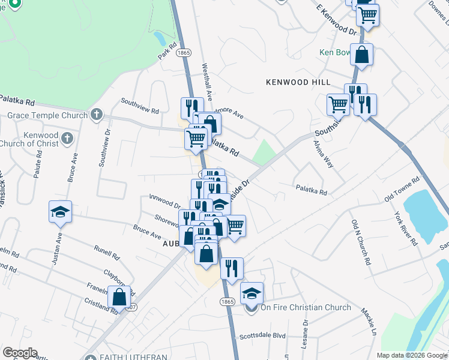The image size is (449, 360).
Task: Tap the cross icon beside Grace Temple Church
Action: [x=97, y=115]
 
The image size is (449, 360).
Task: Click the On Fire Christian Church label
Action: [x=305, y=308]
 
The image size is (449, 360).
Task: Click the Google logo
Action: [x=19, y=353]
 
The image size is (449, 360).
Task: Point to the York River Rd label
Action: [x=406, y=229]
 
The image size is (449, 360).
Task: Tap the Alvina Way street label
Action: [x=323, y=154]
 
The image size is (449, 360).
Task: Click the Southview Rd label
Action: [x=140, y=110]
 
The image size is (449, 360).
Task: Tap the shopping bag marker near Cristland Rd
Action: [x=119, y=296]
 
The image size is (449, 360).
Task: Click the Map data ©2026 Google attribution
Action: [x=412, y=355]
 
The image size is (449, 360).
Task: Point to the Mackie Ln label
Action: [x=368, y=322]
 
